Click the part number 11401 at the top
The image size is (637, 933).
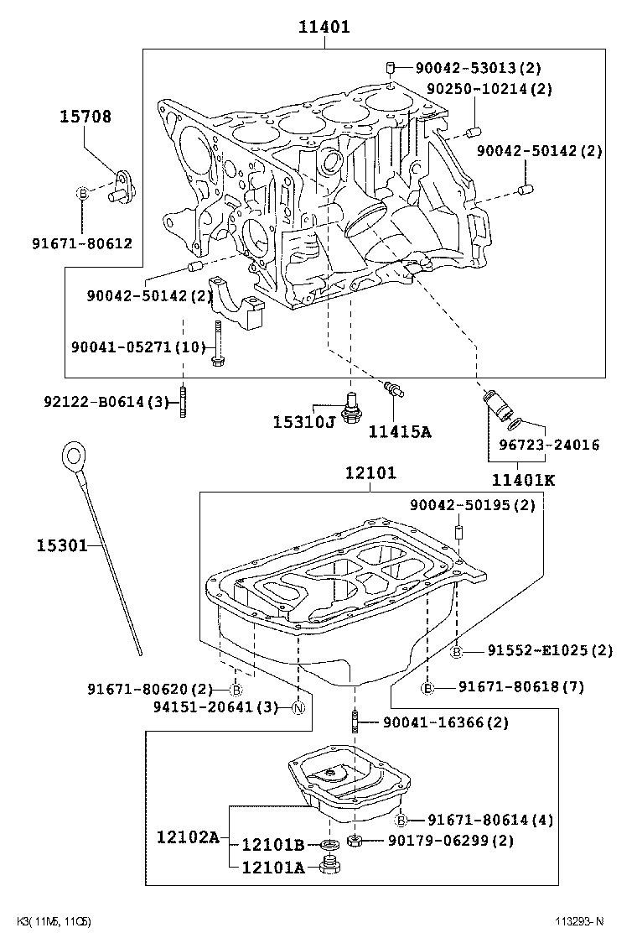pos(324,28)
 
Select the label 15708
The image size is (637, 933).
pos(85,117)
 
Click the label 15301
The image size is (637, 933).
pos(61,546)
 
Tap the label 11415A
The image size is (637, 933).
pos(399,431)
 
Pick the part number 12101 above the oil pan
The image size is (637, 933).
pos(370,473)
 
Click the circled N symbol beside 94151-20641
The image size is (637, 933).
pos(298,707)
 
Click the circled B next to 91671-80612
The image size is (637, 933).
pos(82,194)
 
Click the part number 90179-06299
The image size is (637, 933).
pos(449,840)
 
